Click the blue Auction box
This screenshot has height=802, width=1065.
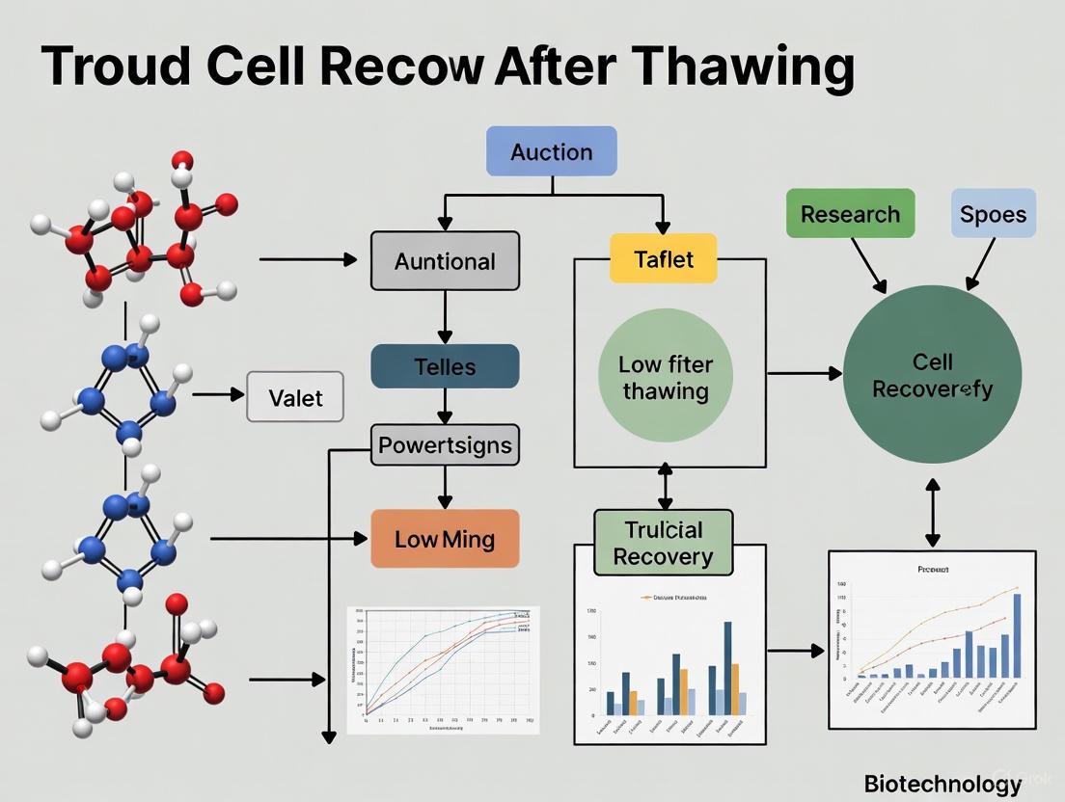551,152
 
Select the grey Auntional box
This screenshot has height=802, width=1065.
445,261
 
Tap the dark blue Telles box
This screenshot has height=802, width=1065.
445,366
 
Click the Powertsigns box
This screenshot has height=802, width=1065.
445,445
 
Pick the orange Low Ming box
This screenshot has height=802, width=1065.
445,539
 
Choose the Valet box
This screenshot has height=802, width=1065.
295,397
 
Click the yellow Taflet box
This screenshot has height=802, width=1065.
664,258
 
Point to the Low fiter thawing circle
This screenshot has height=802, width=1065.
666,377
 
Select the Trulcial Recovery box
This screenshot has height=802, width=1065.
663,543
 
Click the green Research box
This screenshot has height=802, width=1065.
850,214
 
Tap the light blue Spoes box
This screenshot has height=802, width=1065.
993,214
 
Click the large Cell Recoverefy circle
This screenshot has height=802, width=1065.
932,376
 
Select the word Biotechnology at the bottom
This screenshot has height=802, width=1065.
942,784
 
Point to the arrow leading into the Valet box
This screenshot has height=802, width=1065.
219,394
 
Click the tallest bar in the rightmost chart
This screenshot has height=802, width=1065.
1017,635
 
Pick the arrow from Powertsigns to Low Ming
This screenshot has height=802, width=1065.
445,488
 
